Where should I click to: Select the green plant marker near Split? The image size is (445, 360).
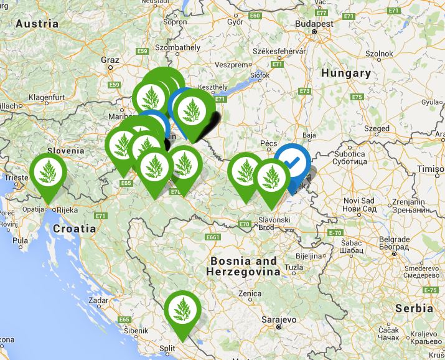[182, 308]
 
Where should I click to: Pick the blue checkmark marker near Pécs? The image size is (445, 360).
[293, 163]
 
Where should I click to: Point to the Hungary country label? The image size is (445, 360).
[345, 73]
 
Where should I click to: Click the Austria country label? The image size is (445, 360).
[37, 24]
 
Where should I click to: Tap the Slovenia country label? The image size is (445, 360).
[65, 150]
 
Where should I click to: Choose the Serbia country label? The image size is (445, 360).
[414, 308]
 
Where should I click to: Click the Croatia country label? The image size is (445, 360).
[75, 229]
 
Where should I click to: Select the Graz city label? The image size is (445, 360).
[110, 60]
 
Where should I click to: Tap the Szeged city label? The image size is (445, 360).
[377, 128]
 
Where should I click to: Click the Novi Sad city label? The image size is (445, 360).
[359, 200]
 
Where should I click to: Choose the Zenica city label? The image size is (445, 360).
[250, 292]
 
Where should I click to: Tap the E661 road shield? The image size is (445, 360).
[213, 237]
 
